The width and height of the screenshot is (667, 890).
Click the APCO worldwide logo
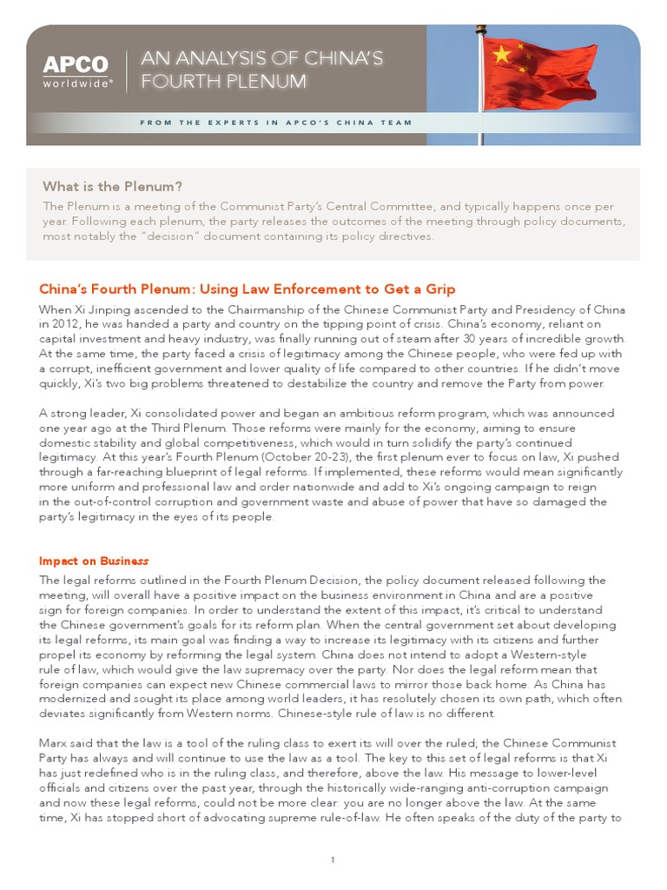[76, 70]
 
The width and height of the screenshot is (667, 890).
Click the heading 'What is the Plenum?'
[113, 186]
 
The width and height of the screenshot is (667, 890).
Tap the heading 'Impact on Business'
[94, 561]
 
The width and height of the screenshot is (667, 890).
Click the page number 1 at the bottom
[333, 860]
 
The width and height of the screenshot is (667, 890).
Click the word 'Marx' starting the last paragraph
[55, 743]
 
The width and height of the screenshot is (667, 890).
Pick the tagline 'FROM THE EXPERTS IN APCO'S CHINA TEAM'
[276, 123]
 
